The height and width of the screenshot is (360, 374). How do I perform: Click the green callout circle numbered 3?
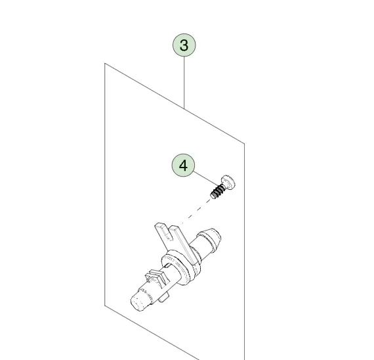184,45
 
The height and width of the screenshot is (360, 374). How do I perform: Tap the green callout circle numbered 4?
183,166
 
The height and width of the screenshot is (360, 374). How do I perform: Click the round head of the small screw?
229,181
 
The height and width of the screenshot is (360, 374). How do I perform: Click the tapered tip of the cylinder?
213,236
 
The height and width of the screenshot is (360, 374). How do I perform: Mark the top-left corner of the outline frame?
106,64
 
